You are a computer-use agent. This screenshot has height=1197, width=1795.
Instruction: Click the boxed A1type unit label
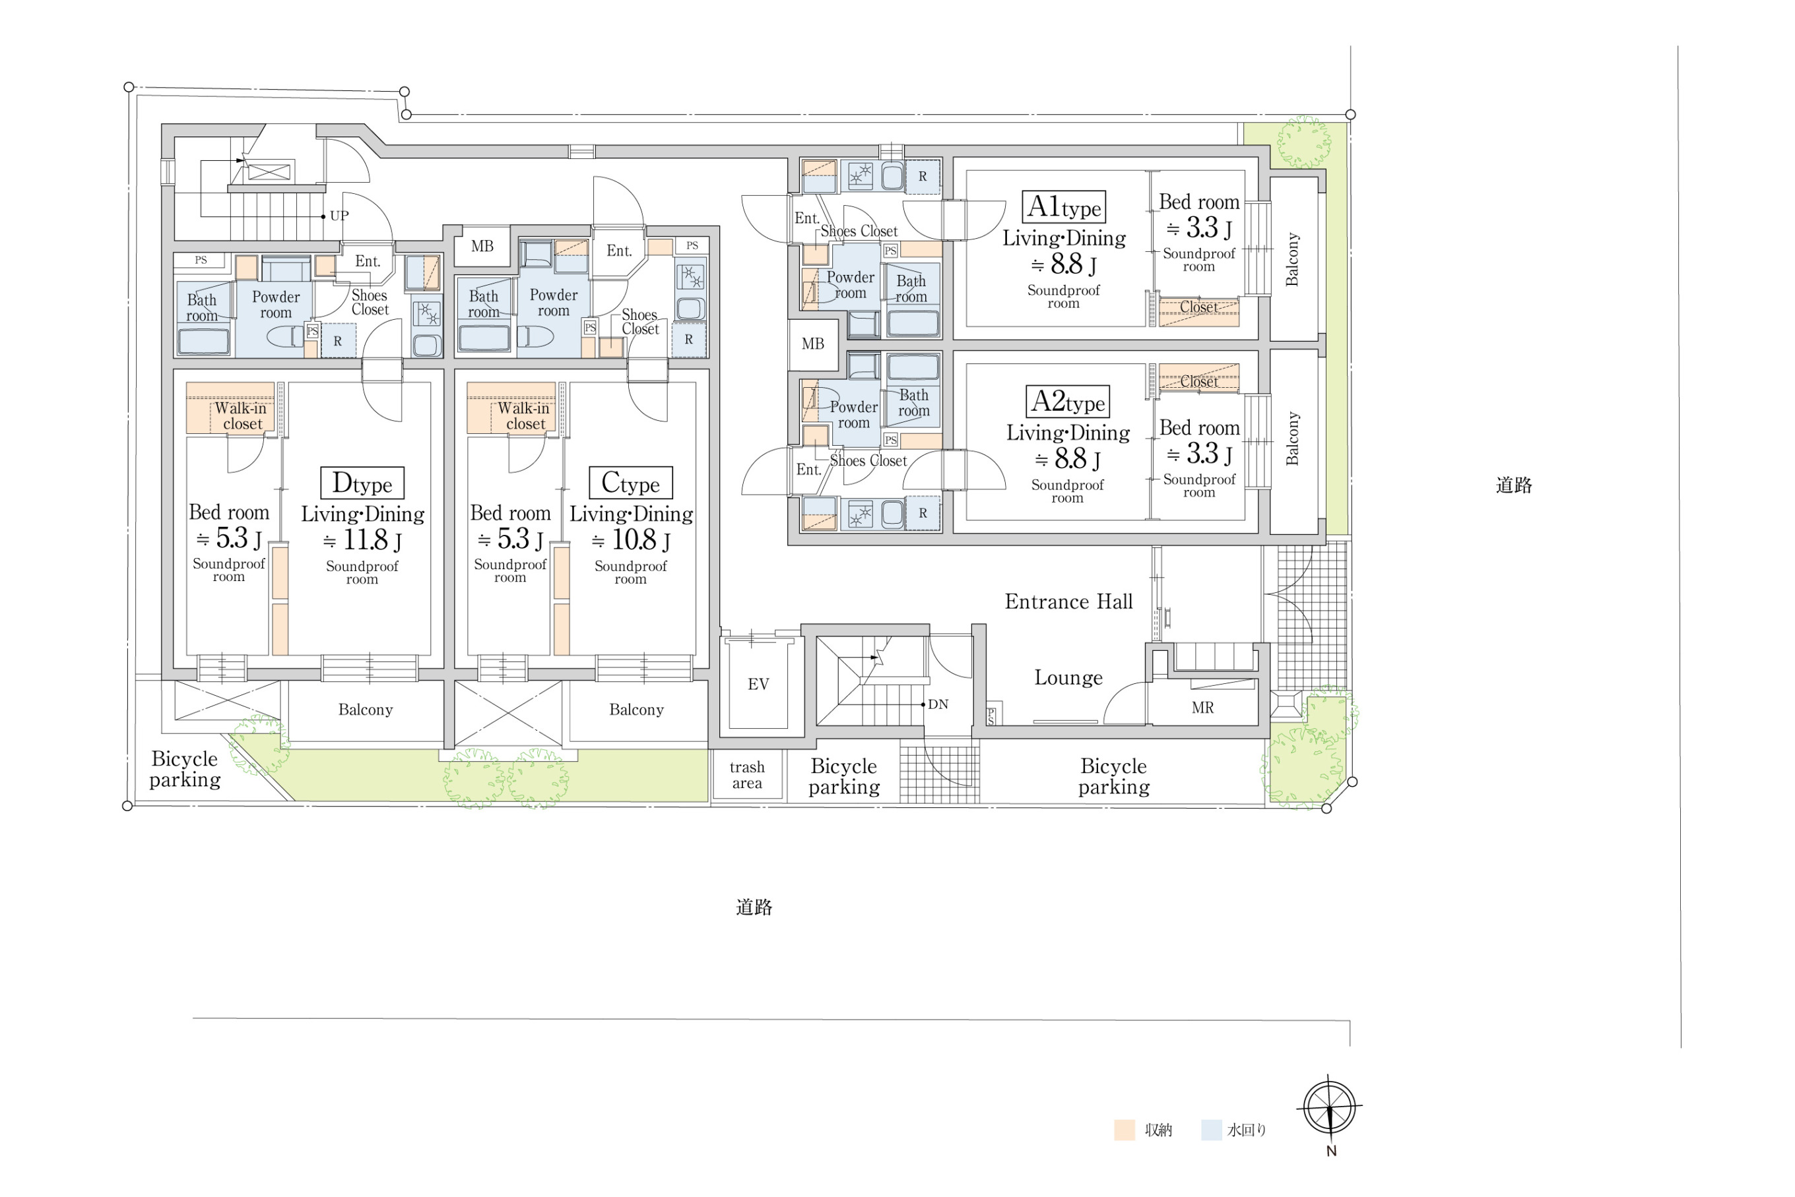point(1064,207)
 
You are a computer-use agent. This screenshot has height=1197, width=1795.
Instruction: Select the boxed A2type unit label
point(1067,402)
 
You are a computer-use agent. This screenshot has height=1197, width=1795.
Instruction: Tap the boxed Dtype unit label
point(362,483)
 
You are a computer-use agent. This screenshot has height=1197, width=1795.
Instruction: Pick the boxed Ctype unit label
point(631,483)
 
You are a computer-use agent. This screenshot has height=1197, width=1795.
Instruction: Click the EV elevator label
point(758,684)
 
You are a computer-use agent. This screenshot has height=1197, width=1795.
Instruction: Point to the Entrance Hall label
point(1068,601)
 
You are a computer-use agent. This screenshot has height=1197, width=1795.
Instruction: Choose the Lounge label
point(1068,678)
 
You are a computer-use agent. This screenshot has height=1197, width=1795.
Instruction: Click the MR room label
point(1203,708)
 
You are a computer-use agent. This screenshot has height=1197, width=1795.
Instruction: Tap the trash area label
point(747,775)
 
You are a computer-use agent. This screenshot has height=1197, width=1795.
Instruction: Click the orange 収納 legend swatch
point(1125,1130)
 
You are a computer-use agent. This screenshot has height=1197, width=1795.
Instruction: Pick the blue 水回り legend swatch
point(1212,1130)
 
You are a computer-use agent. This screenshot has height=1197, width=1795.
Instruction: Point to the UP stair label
point(339,216)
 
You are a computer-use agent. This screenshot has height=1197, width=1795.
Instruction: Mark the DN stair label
point(938,704)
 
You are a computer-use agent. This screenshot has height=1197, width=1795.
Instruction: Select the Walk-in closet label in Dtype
point(242,416)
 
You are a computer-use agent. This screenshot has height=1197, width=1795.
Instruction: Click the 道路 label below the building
point(754,907)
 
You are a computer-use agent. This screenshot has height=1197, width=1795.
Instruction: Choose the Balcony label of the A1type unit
point(1291,260)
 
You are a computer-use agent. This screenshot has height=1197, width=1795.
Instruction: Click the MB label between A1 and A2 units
point(813,344)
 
